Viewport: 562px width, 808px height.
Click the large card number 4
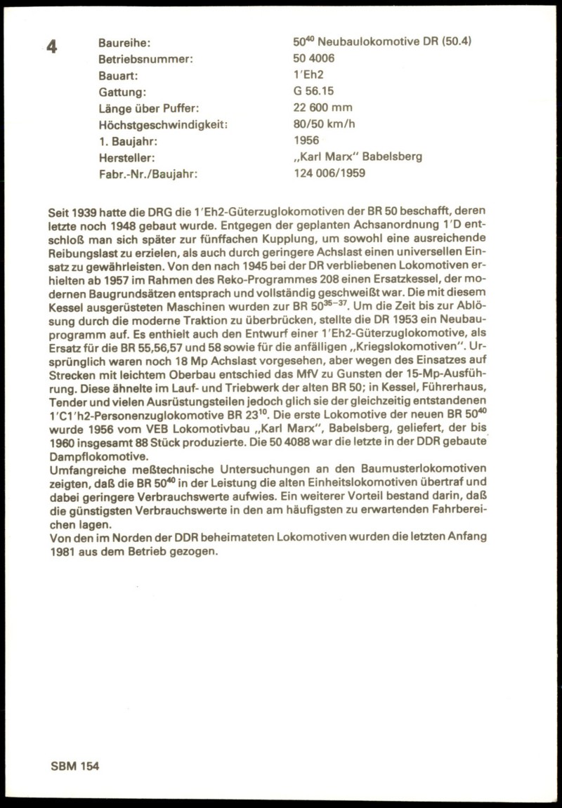click(52, 47)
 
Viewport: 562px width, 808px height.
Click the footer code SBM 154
click(74, 766)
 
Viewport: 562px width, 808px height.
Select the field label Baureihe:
click(124, 43)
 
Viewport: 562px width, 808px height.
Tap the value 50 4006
click(317, 58)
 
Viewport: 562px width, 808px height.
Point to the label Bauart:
click(118, 75)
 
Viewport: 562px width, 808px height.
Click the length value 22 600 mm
click(323, 107)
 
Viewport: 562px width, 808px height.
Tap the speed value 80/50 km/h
click(327, 124)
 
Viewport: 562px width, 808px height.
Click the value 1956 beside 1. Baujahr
click(306, 140)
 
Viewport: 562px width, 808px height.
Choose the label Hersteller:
click(127, 157)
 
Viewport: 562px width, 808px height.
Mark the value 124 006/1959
click(329, 173)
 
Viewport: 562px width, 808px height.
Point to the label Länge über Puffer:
click(150, 108)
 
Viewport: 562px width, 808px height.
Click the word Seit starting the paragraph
click(59, 211)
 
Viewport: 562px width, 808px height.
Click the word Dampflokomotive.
click(95, 455)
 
